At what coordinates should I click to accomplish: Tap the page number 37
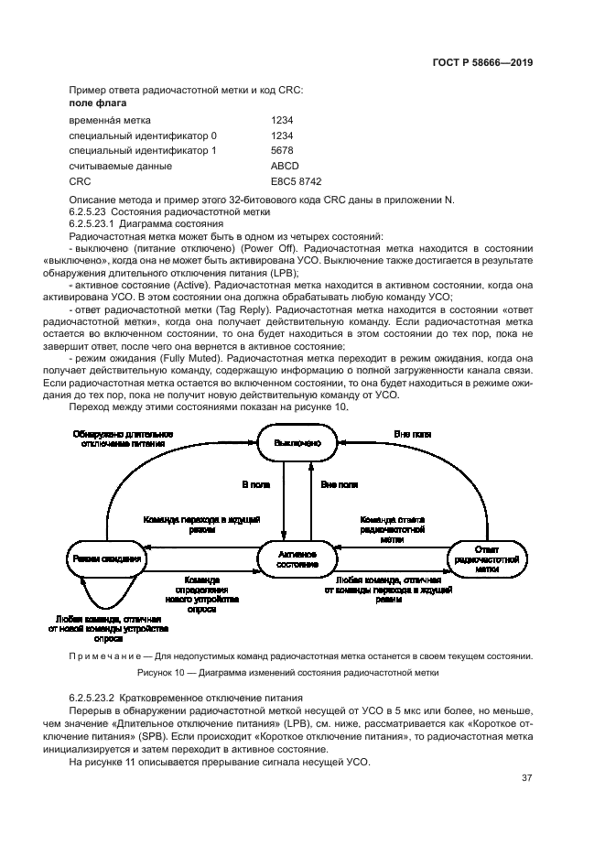526,778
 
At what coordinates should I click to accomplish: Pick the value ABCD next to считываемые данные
285,166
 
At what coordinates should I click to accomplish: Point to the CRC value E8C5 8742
296,181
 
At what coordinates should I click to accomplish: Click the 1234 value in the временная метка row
282,120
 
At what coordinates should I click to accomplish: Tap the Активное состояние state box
297,558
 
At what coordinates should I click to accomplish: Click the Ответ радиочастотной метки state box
487,558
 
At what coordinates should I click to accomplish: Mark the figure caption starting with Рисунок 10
287,673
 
